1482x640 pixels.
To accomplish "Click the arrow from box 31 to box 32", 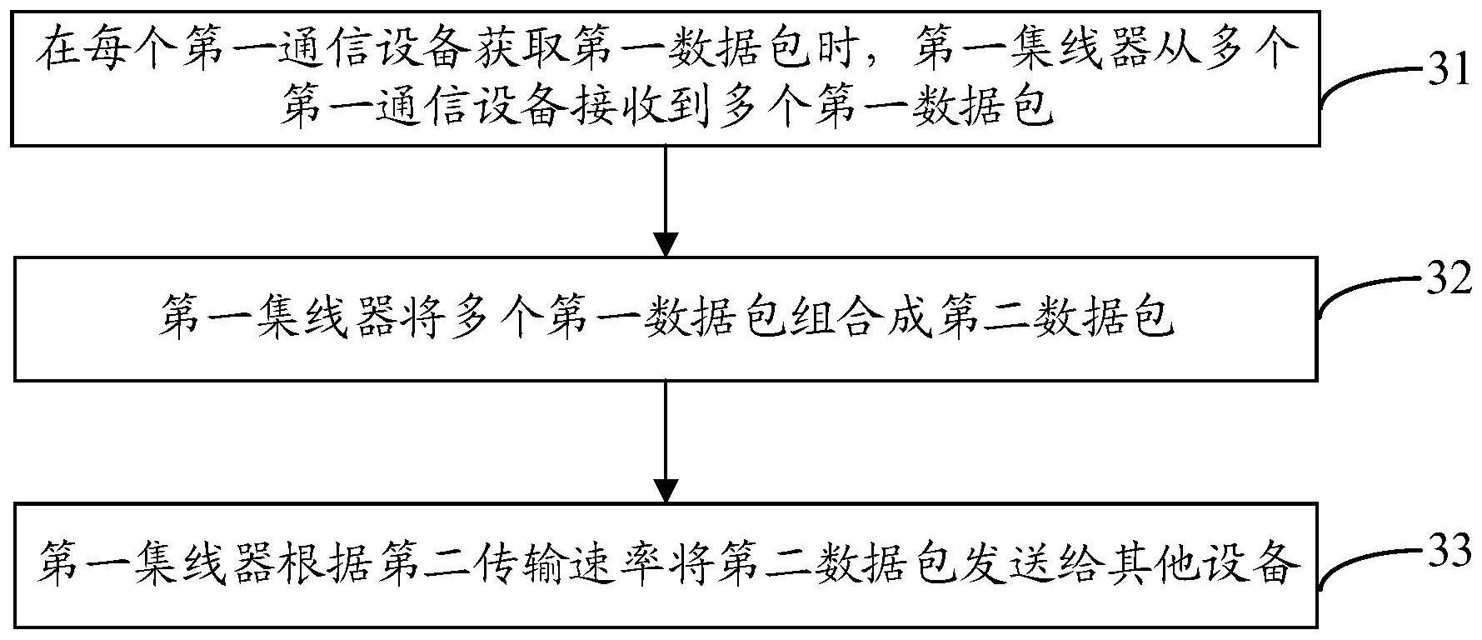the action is click(665, 201).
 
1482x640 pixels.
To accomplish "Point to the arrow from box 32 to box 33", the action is click(665, 442).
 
